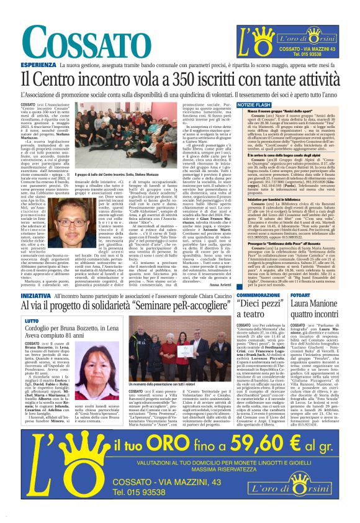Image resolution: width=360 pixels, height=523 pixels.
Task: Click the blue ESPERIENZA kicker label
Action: [39, 65]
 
